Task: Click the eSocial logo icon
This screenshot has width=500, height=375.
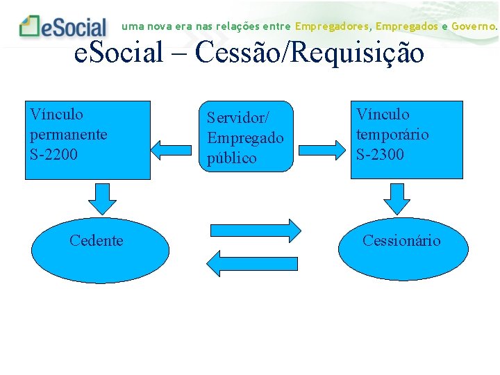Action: pos(30,26)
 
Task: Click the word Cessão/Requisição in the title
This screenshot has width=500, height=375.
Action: pos(310,53)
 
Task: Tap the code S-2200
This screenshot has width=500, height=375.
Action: pos(53,153)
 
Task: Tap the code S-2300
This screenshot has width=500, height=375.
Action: pos(380,153)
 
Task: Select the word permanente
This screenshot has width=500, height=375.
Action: pos(68,134)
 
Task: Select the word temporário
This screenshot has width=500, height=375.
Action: pos(392,134)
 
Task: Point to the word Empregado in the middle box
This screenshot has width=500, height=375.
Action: pos(245,137)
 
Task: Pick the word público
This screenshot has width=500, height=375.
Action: pos(232,158)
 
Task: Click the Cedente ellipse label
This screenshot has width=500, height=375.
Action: pos(97,240)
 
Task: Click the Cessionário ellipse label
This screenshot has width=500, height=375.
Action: pos(401,240)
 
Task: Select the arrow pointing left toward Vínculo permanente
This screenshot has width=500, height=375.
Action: pos(165,148)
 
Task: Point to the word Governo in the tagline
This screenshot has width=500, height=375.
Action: pos(474,26)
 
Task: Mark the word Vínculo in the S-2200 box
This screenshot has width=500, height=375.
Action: pos(56,114)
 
